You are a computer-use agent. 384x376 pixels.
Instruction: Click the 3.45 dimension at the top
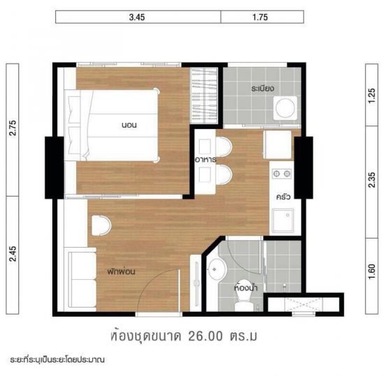pos(137,17)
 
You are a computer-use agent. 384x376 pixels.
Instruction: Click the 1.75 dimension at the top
pos(260,17)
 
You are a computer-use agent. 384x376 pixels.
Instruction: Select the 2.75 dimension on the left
pos(13,128)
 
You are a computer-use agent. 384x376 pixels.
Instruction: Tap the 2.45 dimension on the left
pos(13,254)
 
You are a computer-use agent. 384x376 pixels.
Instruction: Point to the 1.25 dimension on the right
pos(371,96)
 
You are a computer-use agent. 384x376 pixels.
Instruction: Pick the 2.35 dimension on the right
pos(371,180)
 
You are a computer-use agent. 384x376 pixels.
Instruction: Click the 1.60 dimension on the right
pos(371,271)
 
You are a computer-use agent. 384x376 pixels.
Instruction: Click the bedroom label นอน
pos(129,125)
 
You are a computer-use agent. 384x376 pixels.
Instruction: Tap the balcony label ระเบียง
pos(263,88)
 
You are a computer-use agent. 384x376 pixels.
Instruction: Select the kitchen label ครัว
pos(283,196)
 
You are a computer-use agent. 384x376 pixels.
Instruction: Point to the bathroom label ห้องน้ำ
pos(246,287)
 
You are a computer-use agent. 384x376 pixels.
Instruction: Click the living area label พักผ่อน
pos(121,271)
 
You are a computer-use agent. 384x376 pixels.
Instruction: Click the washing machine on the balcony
pos(286,108)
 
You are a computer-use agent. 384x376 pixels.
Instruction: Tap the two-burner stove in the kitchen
pos(281,174)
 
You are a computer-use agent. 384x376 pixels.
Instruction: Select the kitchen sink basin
pos(283,220)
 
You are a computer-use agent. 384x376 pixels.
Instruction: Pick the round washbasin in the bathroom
pos(216,269)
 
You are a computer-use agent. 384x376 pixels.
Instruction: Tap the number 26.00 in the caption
pos(205,336)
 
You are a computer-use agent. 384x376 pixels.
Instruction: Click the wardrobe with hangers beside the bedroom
pos(204,96)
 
